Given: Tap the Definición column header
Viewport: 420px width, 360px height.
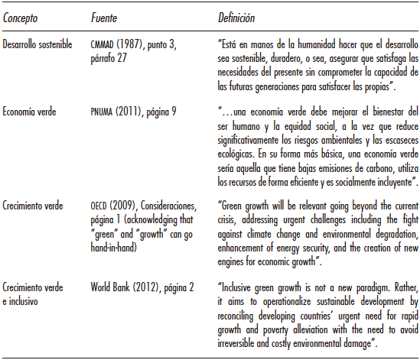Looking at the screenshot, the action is click(x=235, y=15).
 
